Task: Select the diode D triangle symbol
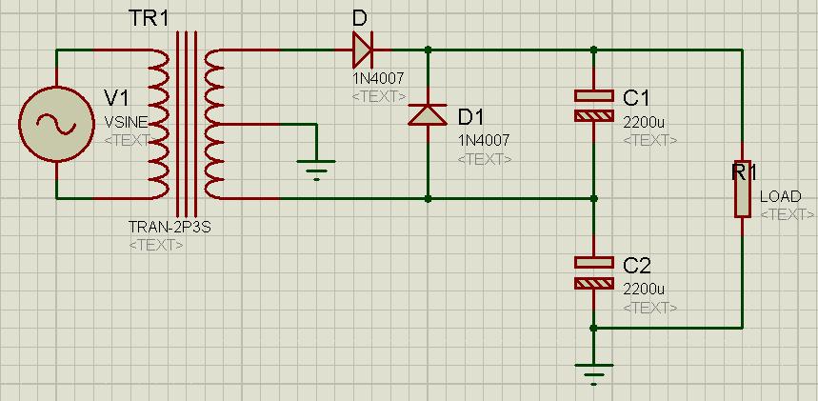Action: point(362,50)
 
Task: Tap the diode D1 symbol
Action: point(428,115)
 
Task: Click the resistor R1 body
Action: point(743,189)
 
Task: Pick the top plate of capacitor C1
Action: point(593,95)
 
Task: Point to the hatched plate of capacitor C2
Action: point(593,283)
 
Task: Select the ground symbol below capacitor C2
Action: point(593,373)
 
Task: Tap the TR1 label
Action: point(149,19)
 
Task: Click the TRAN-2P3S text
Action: point(170,227)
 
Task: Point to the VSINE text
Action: point(127,123)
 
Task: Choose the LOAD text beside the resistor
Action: point(780,197)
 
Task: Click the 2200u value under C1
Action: point(644,123)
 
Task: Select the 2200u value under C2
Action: point(644,290)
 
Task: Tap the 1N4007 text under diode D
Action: point(378,79)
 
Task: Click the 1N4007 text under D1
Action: point(484,140)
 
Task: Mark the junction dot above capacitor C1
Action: point(593,50)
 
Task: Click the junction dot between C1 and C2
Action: point(593,199)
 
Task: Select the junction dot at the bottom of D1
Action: point(428,199)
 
